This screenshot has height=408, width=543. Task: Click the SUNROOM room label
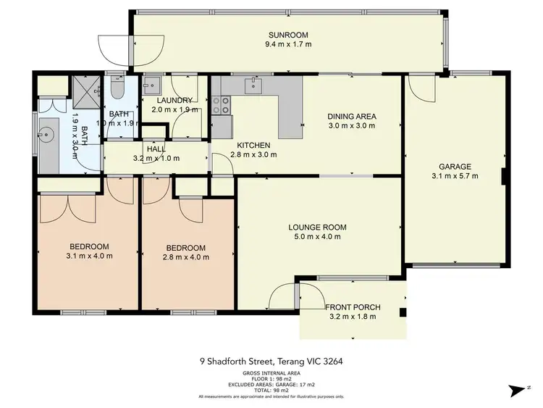[288, 35]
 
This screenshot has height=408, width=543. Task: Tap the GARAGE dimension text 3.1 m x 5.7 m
[455, 175]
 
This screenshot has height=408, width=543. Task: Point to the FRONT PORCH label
[353, 307]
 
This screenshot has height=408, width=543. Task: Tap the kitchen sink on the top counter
[253, 86]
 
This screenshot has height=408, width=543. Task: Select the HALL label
[154, 148]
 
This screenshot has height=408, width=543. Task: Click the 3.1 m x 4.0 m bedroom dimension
[89, 255]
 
